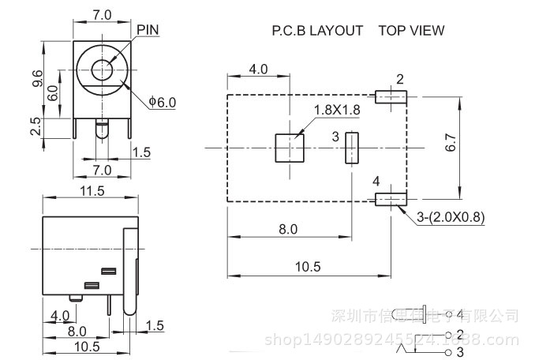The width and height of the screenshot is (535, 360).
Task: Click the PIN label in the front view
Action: pos(148,30)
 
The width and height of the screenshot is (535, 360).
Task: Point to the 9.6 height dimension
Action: pos(36,78)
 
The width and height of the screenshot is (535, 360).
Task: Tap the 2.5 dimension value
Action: pos(36,126)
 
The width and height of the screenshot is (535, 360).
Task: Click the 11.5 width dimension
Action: pos(92,190)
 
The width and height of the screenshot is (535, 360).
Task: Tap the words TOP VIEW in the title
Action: pos(411,31)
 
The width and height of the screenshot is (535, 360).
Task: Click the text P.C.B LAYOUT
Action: pos(317,31)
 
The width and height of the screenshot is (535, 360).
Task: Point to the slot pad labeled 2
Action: pos(391,97)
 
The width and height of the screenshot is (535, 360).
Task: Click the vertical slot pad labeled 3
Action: pos(351,148)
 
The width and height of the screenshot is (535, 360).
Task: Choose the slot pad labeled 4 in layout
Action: pos(390,197)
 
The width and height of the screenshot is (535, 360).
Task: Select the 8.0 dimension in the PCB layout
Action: pos(289,229)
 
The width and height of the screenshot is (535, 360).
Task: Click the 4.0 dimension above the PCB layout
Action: pos(258,69)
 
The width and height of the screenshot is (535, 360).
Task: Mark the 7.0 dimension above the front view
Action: pos(103,15)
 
